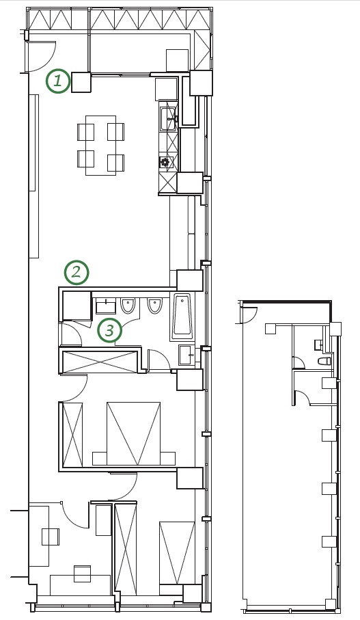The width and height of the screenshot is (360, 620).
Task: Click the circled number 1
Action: (57, 81)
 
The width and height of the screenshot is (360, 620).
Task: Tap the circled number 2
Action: (77, 272)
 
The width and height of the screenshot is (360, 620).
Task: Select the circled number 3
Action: (110, 330)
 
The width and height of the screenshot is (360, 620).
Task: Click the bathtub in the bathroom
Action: (182, 316)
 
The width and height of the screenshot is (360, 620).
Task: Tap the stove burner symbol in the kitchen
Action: (165, 162)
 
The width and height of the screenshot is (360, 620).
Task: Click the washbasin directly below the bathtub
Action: (187, 355)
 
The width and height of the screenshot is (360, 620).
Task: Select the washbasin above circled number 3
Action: (106, 306)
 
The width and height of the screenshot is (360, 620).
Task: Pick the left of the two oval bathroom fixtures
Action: (128, 306)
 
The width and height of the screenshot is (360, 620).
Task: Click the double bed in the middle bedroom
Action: (134, 434)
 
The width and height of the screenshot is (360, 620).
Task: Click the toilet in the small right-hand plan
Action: (324, 361)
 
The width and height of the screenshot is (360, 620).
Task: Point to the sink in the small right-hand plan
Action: (319, 345)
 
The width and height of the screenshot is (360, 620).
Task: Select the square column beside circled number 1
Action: (81, 82)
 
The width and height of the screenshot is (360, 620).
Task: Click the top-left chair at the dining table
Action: (86, 132)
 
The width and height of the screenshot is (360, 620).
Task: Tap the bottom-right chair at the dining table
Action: (115, 163)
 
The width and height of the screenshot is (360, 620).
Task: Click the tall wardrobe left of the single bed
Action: (125, 548)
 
